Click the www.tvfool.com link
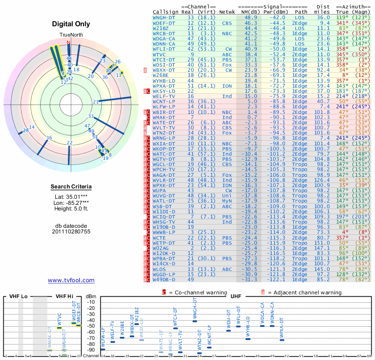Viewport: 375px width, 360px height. pos(71,280)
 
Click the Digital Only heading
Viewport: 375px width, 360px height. pos(71,23)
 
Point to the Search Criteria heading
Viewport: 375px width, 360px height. pos(71,187)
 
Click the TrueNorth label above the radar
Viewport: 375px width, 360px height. pos(69,35)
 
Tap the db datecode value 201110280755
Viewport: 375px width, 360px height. pos(71,232)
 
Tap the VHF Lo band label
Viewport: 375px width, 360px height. pos(18,297)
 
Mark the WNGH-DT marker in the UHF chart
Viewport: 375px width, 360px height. pos(195,321)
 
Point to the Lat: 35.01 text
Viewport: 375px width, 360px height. pos(71,196)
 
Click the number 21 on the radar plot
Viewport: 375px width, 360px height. pos(96,102)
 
